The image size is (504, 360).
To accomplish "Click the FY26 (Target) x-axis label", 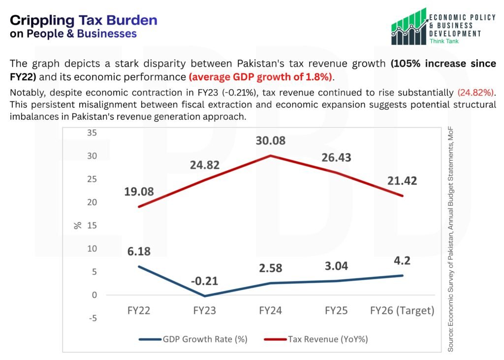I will (x=402, y=311).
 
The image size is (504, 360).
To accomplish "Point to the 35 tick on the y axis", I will (x=92, y=132).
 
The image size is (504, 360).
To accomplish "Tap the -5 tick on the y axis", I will (x=92, y=318).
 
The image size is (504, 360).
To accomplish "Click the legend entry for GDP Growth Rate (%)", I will (x=193, y=339).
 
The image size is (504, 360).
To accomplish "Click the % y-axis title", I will (x=77, y=226).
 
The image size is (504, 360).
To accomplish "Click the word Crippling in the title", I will (x=41, y=20).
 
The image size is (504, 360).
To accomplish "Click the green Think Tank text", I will (x=444, y=41).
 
